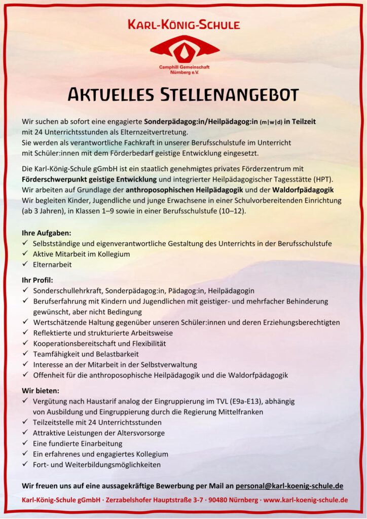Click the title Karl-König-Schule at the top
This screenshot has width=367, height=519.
click(183, 24)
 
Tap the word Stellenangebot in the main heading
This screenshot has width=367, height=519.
click(230, 94)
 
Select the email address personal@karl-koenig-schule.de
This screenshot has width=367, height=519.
click(289, 486)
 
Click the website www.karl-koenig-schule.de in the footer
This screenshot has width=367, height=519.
click(306, 500)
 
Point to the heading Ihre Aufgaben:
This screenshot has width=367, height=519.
click(46, 233)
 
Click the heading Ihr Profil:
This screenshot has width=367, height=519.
click(38, 280)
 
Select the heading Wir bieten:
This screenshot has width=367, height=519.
click(41, 391)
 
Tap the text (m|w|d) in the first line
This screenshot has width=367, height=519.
click(271, 122)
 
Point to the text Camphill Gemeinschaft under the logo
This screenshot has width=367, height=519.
click(185, 67)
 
